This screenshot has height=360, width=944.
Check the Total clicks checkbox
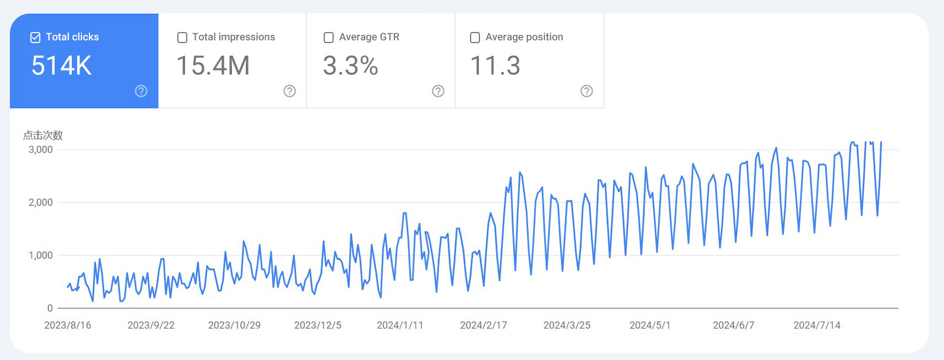coord(35,38)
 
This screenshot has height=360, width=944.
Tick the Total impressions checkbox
coord(182,38)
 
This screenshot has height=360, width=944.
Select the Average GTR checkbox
coord(329,38)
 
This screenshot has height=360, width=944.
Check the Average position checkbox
coord(475,38)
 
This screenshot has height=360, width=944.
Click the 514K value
coord(61,66)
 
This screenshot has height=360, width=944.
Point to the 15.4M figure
coord(213,66)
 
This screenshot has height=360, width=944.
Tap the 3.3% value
coord(350,66)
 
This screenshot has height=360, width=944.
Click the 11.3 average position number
coord(495,66)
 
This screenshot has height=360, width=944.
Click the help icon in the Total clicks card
coord(141,91)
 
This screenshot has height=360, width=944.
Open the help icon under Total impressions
coord(289,91)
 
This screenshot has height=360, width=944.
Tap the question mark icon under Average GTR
coord(438,91)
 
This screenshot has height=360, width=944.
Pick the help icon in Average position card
coord(587,91)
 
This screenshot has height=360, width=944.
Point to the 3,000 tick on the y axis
coord(41,150)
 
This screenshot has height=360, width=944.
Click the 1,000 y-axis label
coord(41,256)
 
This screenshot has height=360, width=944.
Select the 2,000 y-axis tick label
coord(41,203)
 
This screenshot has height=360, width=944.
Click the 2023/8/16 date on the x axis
coord(67,325)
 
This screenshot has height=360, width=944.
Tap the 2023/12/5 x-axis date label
coord(318,325)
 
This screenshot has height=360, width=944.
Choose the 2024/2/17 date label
coord(483,325)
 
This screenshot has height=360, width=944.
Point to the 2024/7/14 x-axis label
coord(817,325)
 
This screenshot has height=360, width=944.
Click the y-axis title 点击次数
coord(43,135)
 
